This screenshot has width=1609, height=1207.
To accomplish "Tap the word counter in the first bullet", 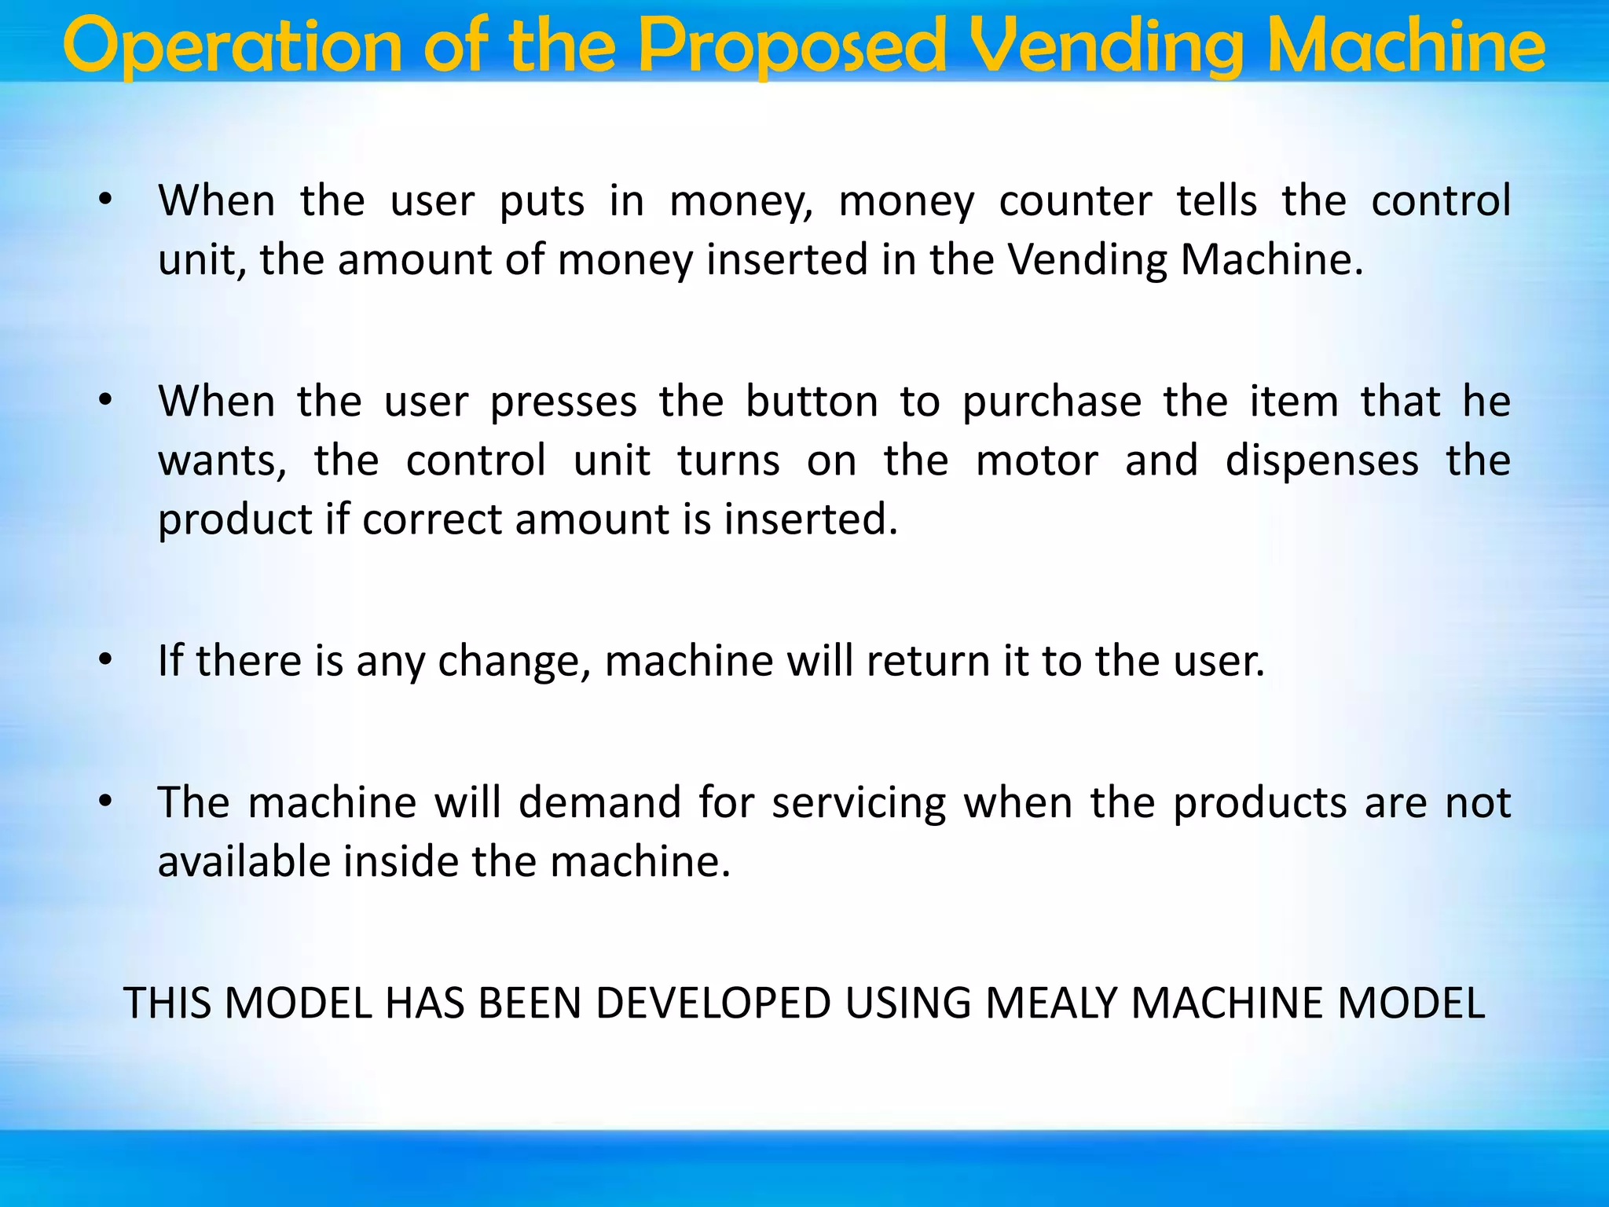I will (1075, 201).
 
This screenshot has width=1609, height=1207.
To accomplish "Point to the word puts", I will (542, 201).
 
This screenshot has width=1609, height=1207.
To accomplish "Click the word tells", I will (1216, 201).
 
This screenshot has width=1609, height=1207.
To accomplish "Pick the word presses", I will (563, 402).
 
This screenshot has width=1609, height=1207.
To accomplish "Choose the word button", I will (811, 402).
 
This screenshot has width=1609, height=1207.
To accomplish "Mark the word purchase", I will (1052, 402).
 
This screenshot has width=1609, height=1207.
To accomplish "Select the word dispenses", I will (1322, 460).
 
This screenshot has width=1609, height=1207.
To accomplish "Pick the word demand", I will (599, 803).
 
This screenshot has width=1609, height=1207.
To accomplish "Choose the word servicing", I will (859, 803).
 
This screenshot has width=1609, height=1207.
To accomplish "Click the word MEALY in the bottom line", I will (1050, 1003).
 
